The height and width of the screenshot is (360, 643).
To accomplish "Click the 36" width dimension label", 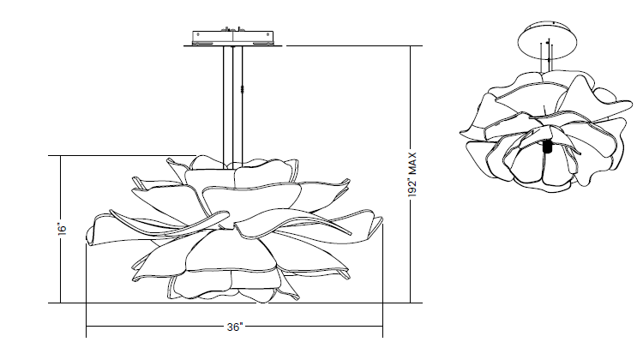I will (236, 327).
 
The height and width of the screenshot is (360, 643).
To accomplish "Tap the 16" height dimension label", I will (63, 230).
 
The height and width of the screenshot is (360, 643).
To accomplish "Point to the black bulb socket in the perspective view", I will (546, 147).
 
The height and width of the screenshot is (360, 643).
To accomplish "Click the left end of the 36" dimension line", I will (87, 327).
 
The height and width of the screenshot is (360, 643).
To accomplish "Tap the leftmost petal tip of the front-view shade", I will (87, 243).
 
